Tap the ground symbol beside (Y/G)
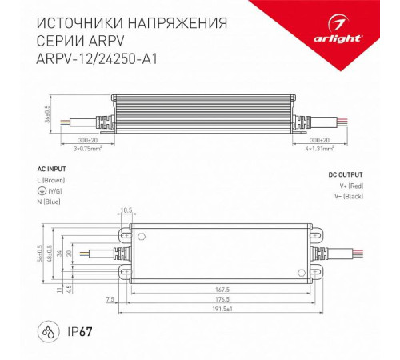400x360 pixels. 42,192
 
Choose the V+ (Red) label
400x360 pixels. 348,185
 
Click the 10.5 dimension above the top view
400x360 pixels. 126,212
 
